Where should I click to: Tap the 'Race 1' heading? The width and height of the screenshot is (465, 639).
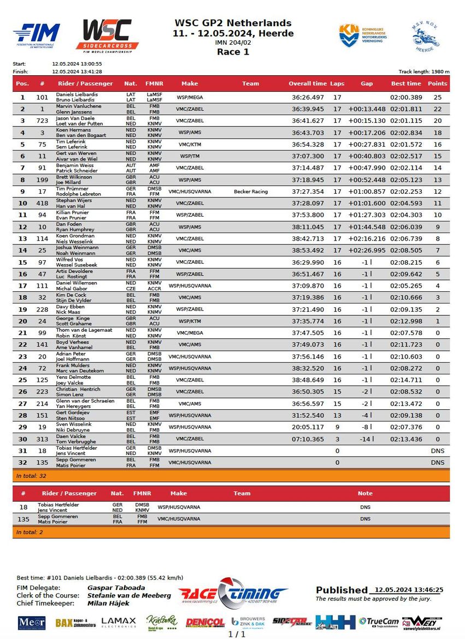click(x=233, y=52)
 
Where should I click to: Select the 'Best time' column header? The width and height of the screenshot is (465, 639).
click(x=406, y=83)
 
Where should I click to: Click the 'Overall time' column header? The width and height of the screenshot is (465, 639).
click(x=308, y=83)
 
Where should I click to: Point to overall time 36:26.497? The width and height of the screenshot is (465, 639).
click(x=308, y=97)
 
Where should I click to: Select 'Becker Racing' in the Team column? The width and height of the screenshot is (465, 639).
click(x=250, y=192)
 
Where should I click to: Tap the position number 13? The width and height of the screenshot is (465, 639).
click(x=22, y=238)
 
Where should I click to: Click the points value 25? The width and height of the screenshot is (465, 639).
click(x=437, y=97)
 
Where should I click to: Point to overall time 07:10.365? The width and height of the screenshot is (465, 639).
click(x=308, y=439)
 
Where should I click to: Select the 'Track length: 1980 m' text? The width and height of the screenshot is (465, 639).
click(x=424, y=71)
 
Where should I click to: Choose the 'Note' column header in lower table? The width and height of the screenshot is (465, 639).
click(x=365, y=493)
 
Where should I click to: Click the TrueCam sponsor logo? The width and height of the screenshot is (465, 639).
click(x=379, y=622)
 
